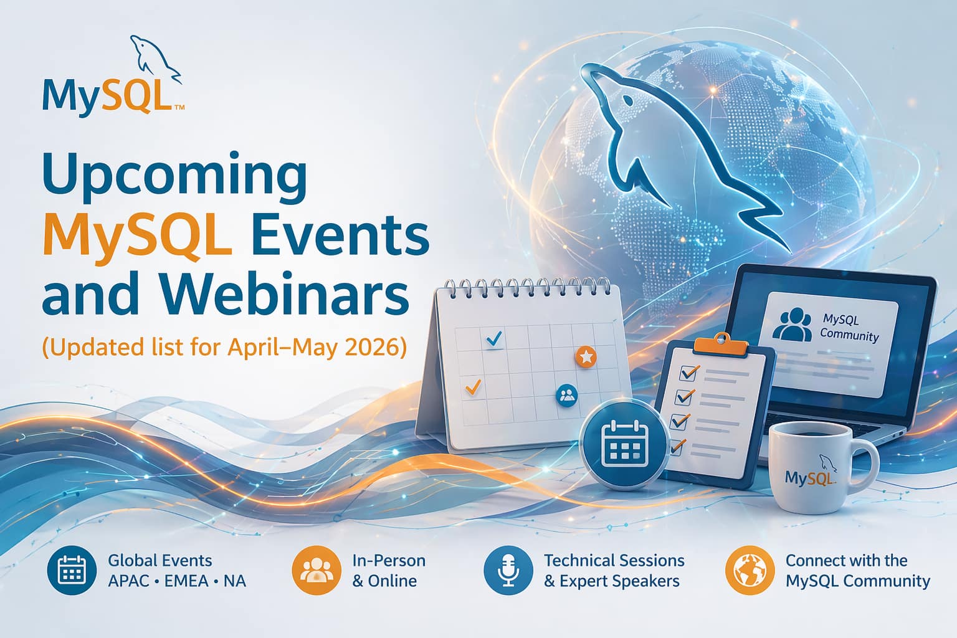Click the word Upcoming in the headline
pos(174,179)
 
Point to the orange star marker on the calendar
pos(586,356)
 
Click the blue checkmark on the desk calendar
pos(494,339)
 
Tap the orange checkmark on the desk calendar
pos(473,387)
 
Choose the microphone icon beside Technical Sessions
pos(508,570)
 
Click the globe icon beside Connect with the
pos(750,570)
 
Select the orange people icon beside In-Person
pos(317,570)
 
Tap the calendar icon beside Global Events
pos(72,570)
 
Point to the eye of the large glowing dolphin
pos(627,102)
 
